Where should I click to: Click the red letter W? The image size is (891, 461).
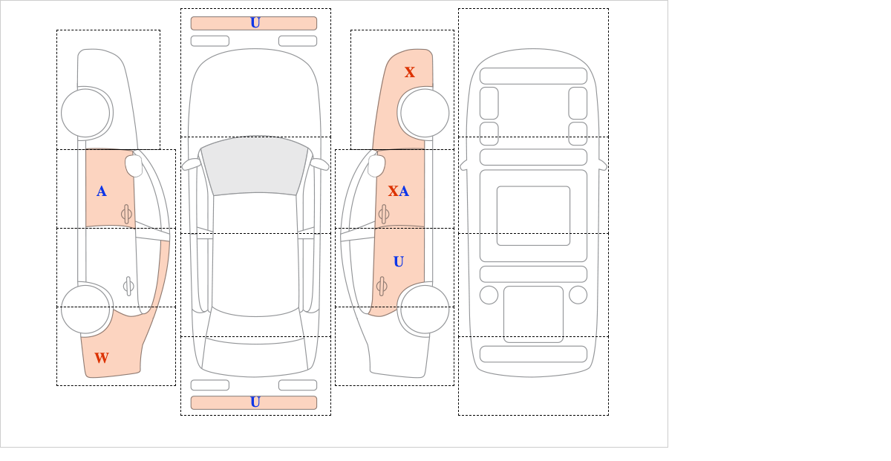(x=102, y=358)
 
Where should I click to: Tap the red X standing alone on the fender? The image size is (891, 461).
(x=409, y=72)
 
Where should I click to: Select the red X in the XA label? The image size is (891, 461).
(x=393, y=192)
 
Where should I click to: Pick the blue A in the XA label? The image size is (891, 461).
(x=404, y=192)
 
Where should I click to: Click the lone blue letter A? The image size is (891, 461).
(x=102, y=192)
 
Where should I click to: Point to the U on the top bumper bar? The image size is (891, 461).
(x=255, y=23)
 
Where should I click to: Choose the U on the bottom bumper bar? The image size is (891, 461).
(x=255, y=402)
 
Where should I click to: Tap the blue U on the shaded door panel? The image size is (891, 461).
(x=399, y=261)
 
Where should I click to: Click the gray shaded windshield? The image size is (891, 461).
(x=255, y=166)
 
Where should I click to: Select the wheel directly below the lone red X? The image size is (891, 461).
(x=425, y=114)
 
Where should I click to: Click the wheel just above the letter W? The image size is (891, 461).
(x=85, y=310)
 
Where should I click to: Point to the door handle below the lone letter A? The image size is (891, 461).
(x=126, y=215)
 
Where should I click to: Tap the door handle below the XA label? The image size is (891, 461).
(x=384, y=215)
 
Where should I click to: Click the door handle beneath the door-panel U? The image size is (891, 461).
(x=382, y=287)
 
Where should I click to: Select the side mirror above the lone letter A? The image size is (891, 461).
(x=134, y=166)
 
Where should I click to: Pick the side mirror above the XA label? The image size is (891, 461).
(x=376, y=166)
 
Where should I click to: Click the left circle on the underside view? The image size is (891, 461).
(x=489, y=295)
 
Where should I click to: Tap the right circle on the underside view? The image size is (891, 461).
(x=578, y=295)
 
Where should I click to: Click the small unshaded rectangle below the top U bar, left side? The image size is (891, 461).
(x=210, y=41)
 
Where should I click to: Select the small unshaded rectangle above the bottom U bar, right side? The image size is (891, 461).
(x=298, y=385)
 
